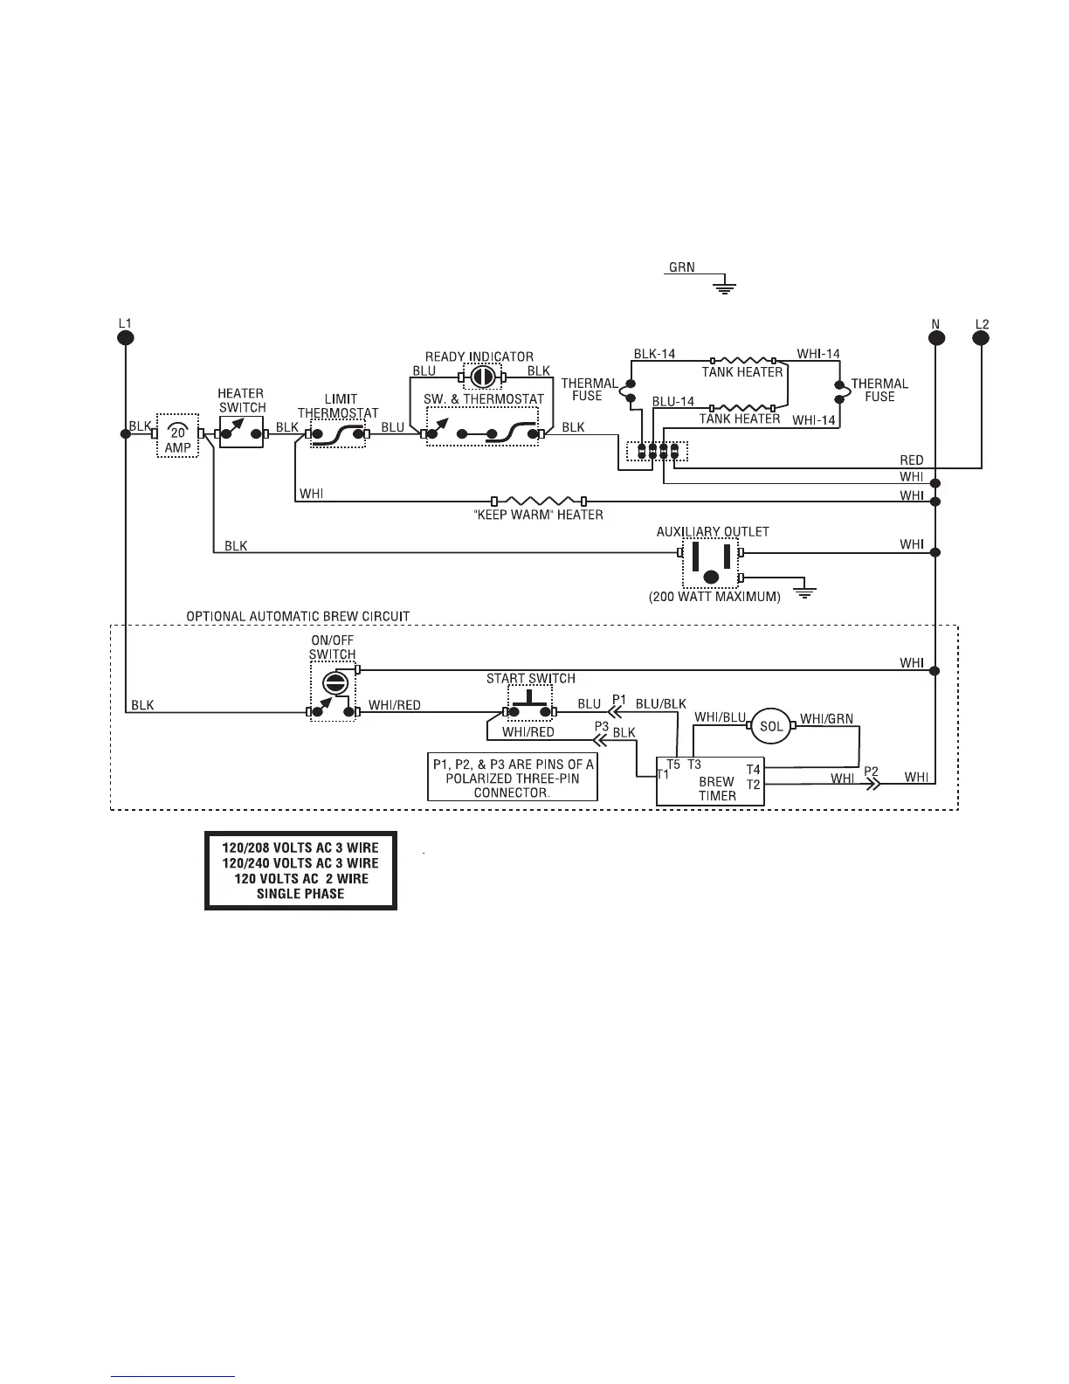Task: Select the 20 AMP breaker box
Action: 178,434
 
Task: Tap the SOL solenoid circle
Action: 771,726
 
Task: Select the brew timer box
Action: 710,780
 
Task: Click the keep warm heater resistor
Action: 539,501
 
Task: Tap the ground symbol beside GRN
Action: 724,285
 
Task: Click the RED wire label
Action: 911,460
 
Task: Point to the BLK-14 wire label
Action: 654,354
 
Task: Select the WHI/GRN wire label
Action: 826,719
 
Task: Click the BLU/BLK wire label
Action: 660,703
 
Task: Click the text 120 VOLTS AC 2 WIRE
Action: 300,878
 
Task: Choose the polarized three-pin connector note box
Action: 513,777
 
